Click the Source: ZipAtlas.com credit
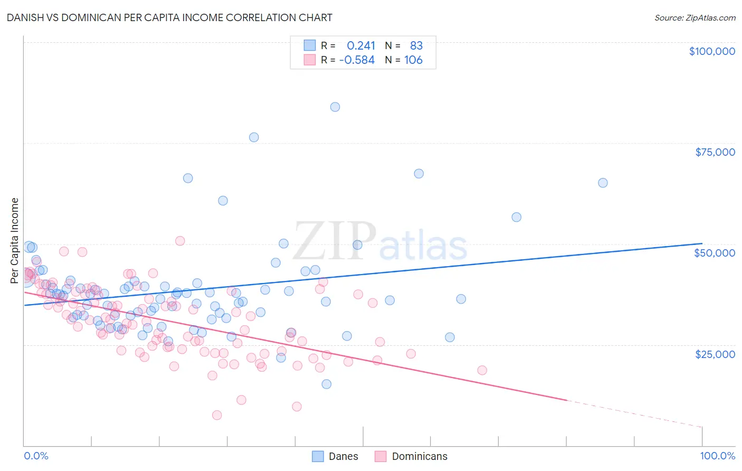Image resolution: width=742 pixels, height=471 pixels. coord(695,17)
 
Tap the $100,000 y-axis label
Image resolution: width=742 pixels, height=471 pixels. coord(711,51)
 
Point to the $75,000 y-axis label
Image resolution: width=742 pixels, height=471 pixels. coord(715,152)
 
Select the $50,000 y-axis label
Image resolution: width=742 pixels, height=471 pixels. coord(714,253)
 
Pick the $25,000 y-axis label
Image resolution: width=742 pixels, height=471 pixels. coord(715,354)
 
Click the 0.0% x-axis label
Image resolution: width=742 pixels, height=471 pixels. coord(36,456)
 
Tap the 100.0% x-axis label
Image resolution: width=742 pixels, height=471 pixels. coord(717,456)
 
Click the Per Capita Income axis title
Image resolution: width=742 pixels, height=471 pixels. coord(15,240)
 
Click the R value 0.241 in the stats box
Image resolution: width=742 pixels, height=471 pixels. coord(361,46)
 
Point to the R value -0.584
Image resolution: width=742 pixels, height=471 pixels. coord(357,60)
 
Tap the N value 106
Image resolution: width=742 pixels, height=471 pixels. coord(413,60)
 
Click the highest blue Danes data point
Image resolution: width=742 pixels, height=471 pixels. coord(335,107)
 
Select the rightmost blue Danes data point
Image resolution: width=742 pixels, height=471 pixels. coord(602,183)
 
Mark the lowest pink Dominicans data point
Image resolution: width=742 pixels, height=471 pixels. coord(216,415)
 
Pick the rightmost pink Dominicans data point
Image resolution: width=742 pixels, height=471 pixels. coord(481,370)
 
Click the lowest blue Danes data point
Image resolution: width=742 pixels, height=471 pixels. coord(326,384)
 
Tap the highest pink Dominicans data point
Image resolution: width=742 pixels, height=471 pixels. coord(179,241)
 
